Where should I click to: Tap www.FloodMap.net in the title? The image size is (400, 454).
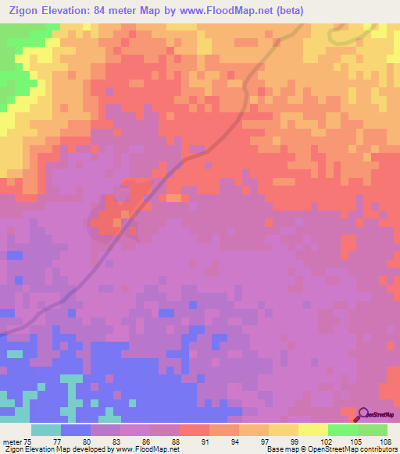(227, 11)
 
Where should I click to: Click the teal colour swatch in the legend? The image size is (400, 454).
(45, 430)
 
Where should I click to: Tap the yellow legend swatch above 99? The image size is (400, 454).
(283, 430)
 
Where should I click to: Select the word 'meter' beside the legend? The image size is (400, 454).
(12, 442)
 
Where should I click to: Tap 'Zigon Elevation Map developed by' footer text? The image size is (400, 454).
(58, 449)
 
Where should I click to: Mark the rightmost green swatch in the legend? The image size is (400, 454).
(372, 430)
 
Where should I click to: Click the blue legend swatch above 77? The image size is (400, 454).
(75, 430)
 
